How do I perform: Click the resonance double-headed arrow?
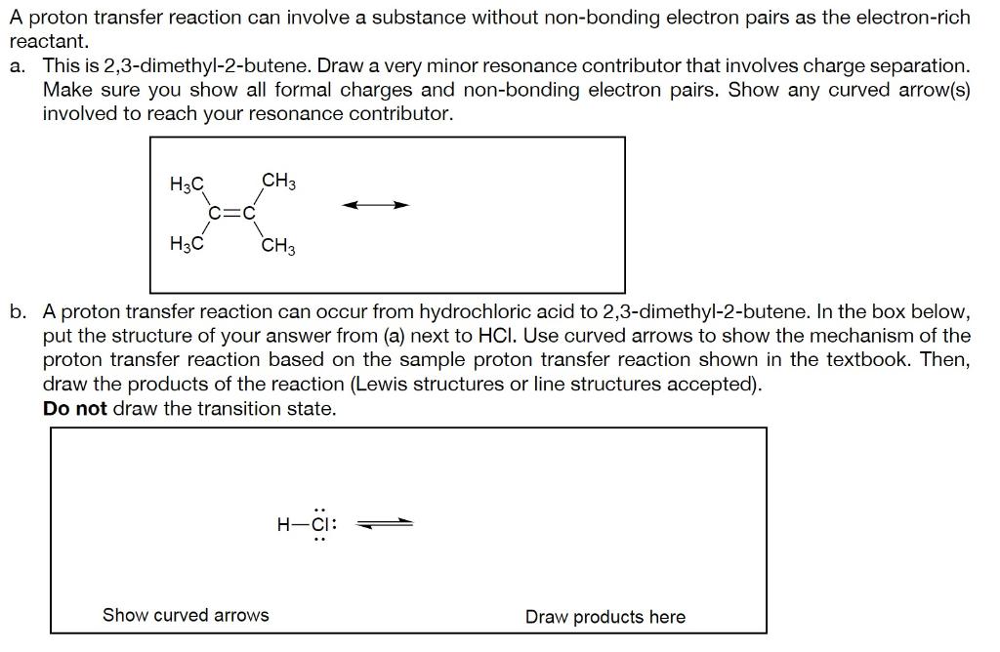[x=375, y=205]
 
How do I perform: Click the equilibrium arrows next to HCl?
[x=385, y=523]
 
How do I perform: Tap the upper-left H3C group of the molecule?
[x=187, y=184]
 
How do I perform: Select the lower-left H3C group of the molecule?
[x=187, y=244]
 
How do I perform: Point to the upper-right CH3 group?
[x=278, y=182]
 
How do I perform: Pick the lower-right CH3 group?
[x=278, y=246]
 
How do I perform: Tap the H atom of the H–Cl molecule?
[x=283, y=524]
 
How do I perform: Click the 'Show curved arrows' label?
[x=186, y=615]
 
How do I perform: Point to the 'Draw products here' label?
[x=604, y=617]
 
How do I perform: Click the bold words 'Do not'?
[x=74, y=409]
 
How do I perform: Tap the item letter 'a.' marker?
[x=18, y=66]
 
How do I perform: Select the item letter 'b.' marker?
[x=18, y=312]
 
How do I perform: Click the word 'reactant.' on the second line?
[x=49, y=42]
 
